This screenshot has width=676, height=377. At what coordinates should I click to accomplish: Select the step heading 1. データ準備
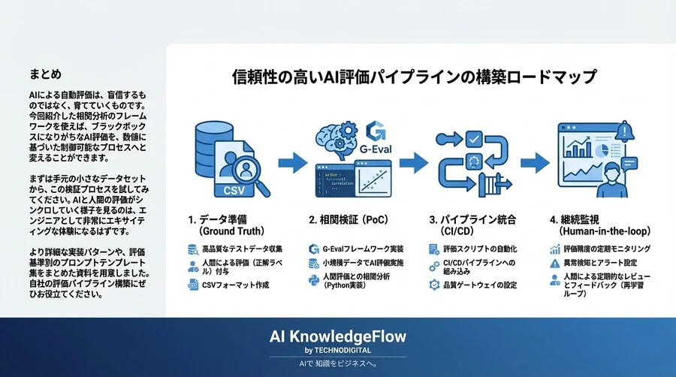pos(223,220)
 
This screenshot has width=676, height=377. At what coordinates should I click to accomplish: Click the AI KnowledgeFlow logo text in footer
pos(337,336)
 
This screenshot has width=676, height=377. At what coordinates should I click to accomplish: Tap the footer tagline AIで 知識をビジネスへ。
pos(337,364)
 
